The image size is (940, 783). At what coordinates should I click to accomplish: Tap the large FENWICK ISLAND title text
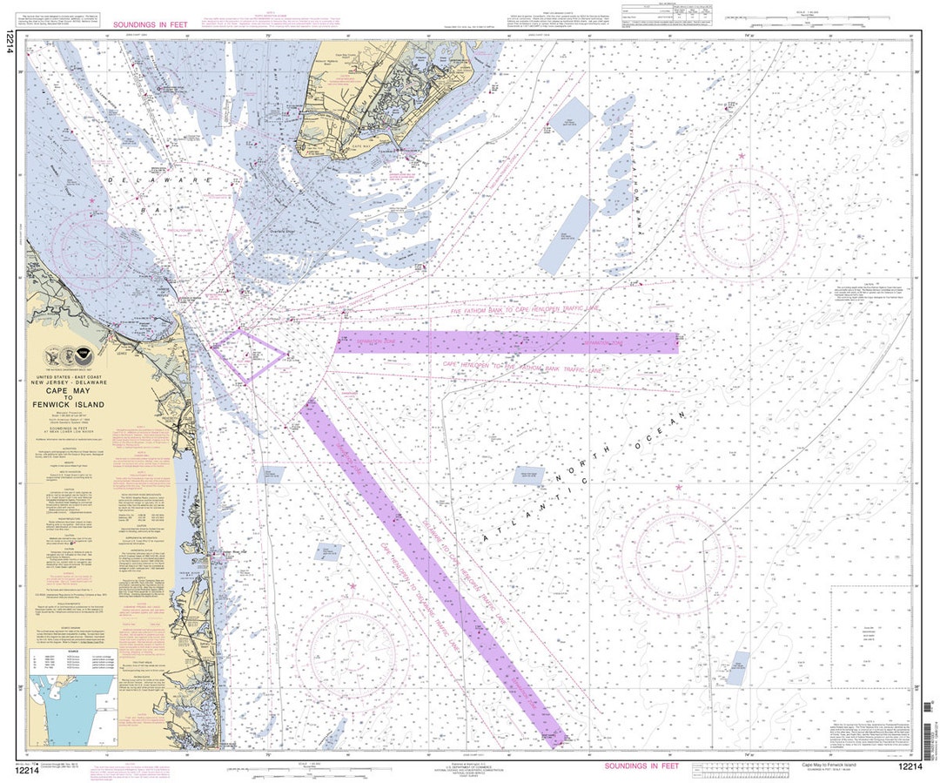(77, 405)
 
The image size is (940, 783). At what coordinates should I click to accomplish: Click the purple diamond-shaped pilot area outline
(249, 356)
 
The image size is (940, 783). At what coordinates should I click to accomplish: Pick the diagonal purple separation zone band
(431, 570)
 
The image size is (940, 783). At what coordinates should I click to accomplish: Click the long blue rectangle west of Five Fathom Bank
(567, 234)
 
